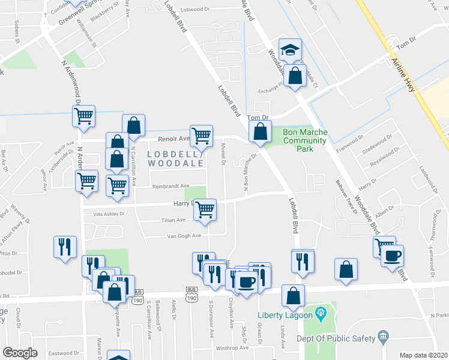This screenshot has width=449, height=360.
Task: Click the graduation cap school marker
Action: [291, 50]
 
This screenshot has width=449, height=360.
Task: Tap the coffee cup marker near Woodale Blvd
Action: [392, 256]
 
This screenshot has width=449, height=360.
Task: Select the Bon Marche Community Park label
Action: [304, 136]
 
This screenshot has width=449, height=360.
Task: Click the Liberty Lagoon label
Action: [285, 314]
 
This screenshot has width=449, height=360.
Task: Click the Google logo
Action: [20, 352]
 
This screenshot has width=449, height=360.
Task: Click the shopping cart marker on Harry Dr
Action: [205, 210]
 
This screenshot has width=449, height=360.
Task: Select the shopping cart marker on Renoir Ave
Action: [201, 135]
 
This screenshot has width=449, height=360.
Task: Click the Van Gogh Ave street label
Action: [184, 236]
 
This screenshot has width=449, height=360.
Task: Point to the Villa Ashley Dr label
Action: [108, 214]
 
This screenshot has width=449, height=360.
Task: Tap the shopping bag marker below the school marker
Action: [295, 77]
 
